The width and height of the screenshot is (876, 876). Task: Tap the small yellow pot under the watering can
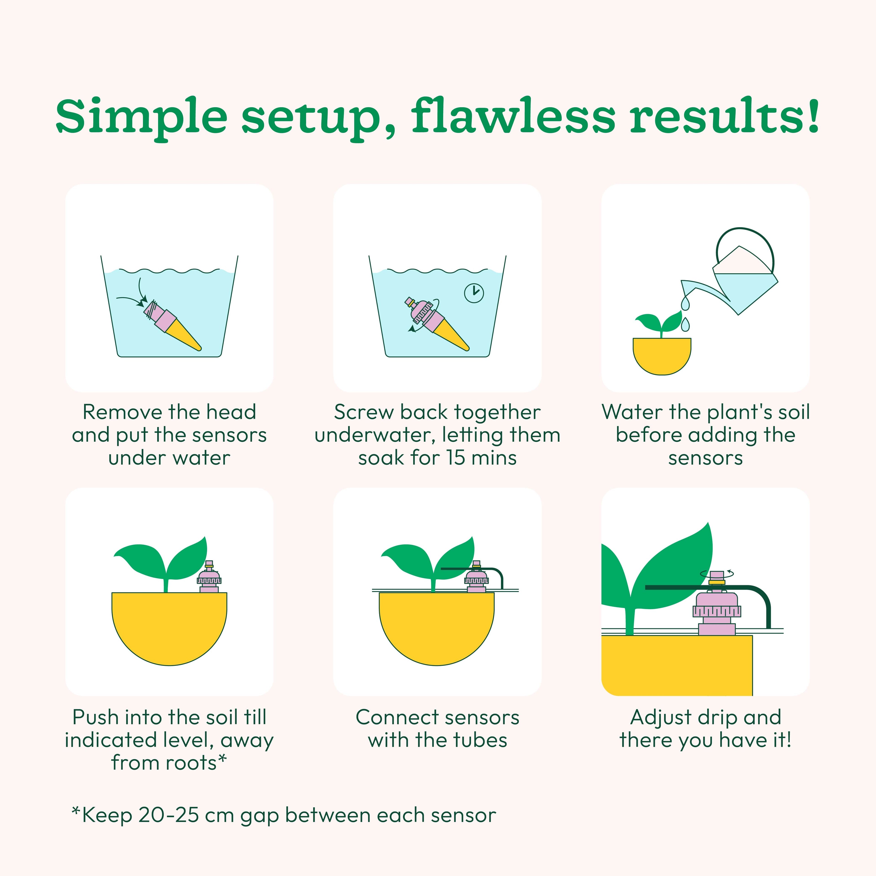click(662, 356)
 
